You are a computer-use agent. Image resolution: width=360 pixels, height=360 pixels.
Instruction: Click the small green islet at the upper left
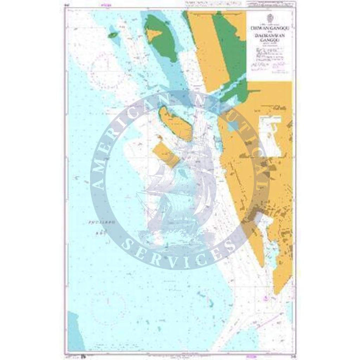[112, 35]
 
